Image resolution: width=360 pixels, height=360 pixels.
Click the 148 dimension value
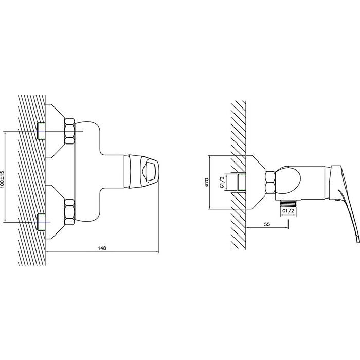[102, 248]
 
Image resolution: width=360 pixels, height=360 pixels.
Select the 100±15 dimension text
[3, 180]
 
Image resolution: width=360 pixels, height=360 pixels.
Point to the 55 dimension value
[267, 224]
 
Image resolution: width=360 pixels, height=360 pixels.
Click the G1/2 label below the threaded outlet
[288, 211]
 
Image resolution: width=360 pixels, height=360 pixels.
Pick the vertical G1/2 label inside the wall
[222, 182]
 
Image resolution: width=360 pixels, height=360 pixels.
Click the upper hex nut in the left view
[69, 131]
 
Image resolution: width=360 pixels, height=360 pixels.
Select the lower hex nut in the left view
[69, 212]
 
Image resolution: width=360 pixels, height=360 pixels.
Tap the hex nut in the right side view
[270, 182]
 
